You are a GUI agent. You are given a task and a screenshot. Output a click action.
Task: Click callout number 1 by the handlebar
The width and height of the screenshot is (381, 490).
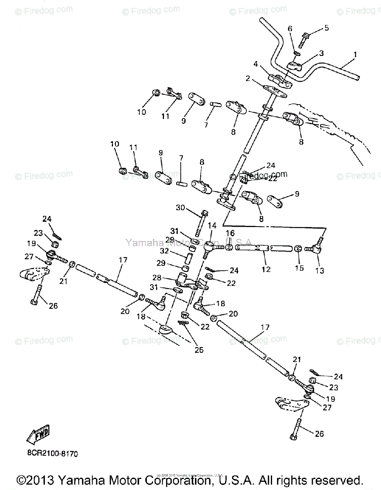(354, 54)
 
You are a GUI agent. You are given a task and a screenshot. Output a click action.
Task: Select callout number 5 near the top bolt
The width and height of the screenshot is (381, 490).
(326, 28)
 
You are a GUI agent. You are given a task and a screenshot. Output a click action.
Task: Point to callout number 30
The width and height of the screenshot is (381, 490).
(180, 208)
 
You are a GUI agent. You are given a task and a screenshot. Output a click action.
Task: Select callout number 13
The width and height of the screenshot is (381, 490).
(319, 270)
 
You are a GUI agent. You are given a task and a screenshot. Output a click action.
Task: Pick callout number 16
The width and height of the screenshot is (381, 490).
(230, 233)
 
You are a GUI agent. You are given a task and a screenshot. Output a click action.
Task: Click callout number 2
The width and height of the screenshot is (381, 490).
(248, 78)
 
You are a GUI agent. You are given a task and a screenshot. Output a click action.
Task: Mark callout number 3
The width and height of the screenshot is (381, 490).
(321, 53)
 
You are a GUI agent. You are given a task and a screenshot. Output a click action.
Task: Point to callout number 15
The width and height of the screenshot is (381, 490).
(299, 268)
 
